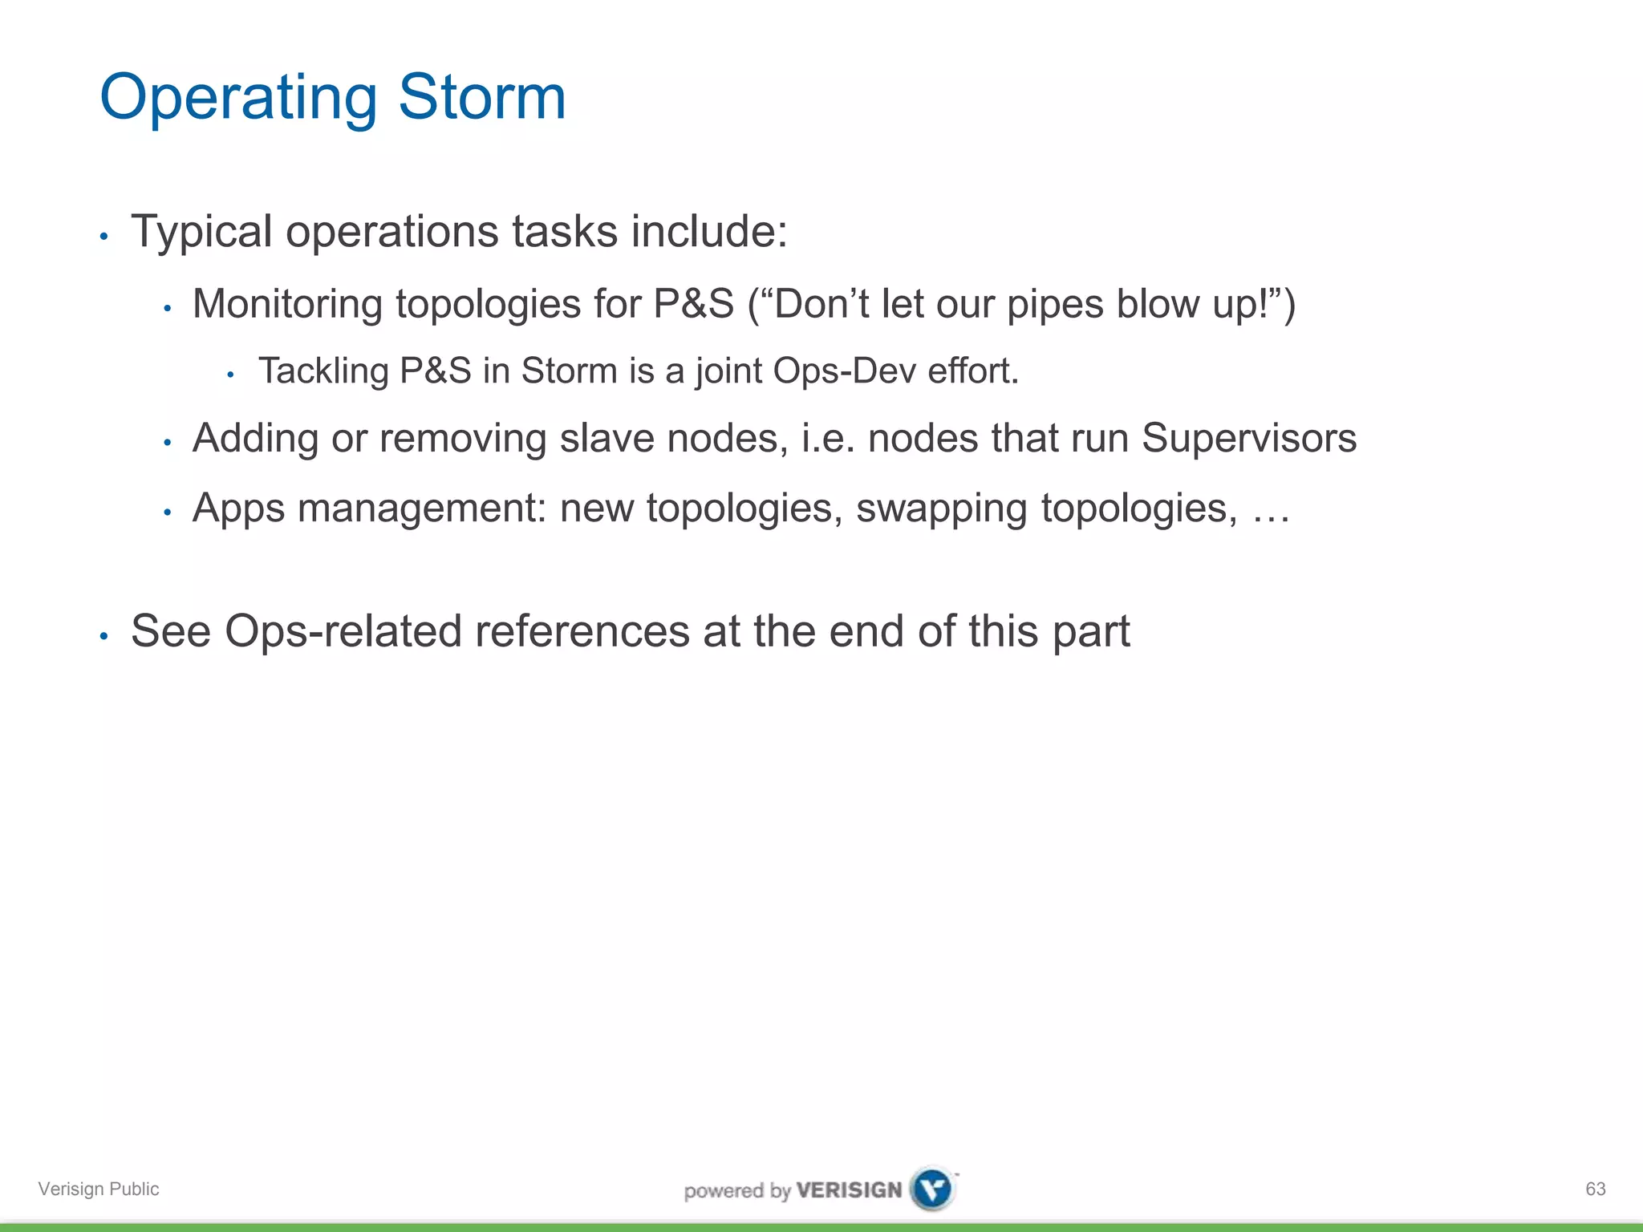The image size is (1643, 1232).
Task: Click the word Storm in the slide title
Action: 482,97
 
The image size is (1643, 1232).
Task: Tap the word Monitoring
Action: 287,305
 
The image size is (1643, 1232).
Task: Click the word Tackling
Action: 323,371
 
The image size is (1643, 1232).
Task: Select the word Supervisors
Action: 1248,439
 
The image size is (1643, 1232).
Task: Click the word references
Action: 582,631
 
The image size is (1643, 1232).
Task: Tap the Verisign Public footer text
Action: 99,1189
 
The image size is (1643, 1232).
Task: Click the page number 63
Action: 1595,1189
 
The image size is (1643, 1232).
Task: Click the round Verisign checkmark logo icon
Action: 933,1188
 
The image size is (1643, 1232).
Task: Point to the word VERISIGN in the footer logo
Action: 849,1189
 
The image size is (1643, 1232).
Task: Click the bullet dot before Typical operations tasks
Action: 103,237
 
